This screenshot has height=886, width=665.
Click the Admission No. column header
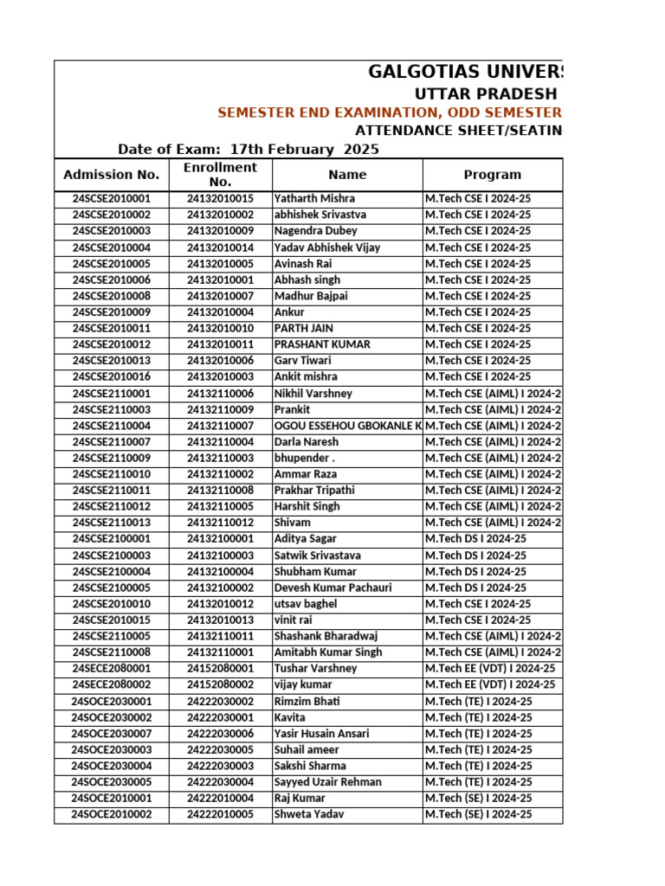[111, 175]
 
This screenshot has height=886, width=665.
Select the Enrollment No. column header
[220, 175]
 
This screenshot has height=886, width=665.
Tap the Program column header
[492, 175]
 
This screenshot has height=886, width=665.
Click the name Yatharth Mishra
[314, 199]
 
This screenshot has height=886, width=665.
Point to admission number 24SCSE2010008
[111, 296]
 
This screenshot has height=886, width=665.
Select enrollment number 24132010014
[220, 247]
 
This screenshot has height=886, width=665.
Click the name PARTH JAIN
[303, 329]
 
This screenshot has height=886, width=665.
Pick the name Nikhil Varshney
[313, 394]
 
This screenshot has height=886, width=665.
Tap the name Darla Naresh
[307, 442]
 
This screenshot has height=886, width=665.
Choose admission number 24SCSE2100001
[111, 539]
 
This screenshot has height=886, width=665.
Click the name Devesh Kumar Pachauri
[332, 587]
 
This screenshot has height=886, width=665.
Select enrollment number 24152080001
[220, 669]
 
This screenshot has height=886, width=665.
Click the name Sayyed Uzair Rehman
[327, 782]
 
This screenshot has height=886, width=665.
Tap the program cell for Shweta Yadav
[478, 814]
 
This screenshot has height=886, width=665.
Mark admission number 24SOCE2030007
[111, 734]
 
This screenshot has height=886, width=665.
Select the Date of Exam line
[248, 149]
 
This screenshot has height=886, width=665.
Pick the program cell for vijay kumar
[489, 684]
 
